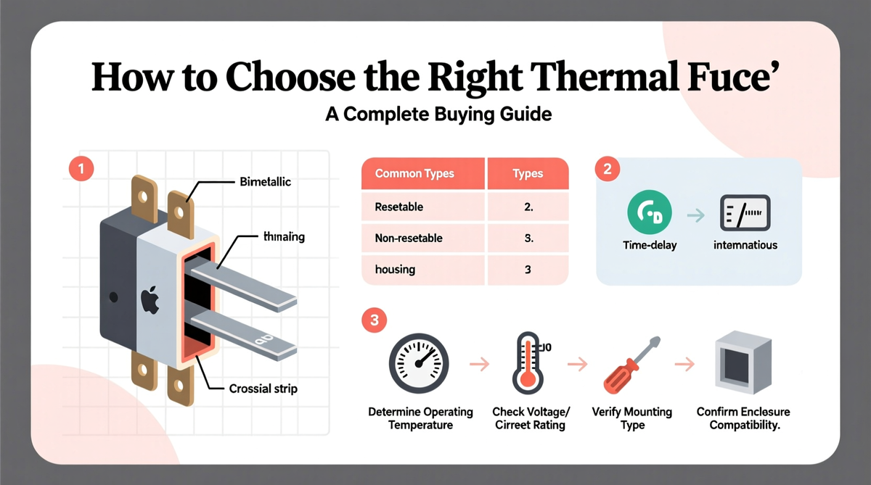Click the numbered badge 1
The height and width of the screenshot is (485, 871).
[x=81, y=169]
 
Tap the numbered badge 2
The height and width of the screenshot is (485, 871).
[x=608, y=169]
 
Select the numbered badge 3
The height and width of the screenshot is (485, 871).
[x=374, y=320]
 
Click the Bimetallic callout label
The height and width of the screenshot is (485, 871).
[x=265, y=182]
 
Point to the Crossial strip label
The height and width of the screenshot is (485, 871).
[x=263, y=389]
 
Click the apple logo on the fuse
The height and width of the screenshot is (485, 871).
[x=150, y=300]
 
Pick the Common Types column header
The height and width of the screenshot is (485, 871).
[x=414, y=173]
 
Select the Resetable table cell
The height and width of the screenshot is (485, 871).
[x=399, y=207]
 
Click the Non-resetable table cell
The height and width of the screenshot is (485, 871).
[x=409, y=238]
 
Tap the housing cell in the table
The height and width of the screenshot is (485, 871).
[x=395, y=270]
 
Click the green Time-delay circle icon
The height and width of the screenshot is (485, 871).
[x=650, y=212]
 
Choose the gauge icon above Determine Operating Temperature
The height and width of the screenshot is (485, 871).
[x=419, y=363]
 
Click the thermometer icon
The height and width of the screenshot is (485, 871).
[x=528, y=363]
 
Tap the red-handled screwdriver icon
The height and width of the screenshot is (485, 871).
[x=632, y=365]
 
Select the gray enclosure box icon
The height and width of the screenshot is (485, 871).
[x=743, y=362]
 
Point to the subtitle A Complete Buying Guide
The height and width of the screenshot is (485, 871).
[x=438, y=115]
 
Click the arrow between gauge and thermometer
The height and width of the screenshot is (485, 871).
[x=480, y=364]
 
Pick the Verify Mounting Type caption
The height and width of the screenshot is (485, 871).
[x=632, y=418]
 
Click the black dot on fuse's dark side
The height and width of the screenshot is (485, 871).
[x=113, y=297]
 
